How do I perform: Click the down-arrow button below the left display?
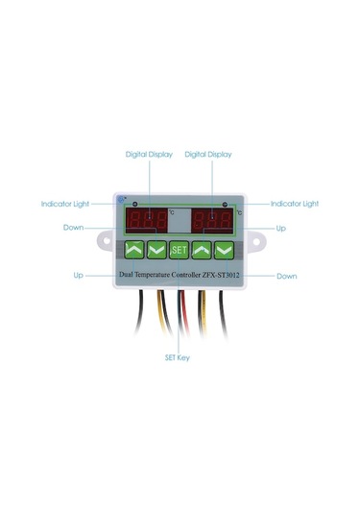(156, 251)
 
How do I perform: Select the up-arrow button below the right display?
(201, 251)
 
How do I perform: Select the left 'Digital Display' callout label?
(149, 154)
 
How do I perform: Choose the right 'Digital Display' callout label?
(208, 154)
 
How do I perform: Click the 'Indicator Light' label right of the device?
(294, 204)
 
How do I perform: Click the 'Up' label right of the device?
(280, 229)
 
